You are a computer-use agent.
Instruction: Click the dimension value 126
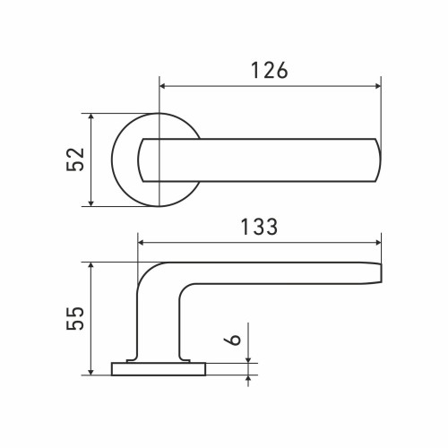click(270, 71)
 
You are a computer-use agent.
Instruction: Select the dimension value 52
click(75, 159)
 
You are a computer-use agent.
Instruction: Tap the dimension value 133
click(259, 227)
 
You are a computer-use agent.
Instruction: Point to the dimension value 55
click(75, 318)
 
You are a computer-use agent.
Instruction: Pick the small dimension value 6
click(232, 340)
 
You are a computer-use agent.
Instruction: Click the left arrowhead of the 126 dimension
click(163, 86)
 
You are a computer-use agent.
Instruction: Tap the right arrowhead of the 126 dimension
click(378, 86)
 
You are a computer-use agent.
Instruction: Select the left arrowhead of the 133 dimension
click(142, 243)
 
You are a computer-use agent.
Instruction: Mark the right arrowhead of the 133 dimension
click(378, 243)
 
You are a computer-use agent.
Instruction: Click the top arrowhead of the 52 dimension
click(91, 117)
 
